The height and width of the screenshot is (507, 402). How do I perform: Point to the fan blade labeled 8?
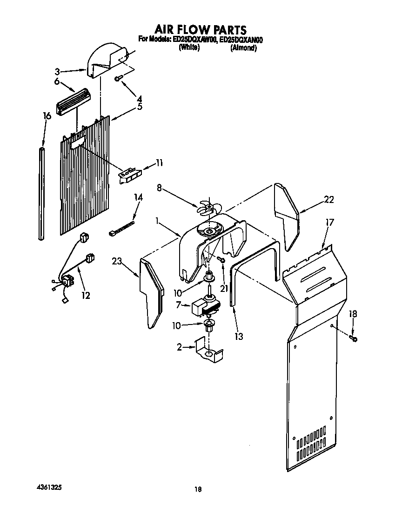[206, 207]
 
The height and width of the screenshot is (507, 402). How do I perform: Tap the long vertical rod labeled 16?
[42, 193]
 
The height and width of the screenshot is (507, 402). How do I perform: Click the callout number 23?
[117, 262]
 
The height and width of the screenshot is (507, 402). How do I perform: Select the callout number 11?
[159, 163]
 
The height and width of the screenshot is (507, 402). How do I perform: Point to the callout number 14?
[138, 197]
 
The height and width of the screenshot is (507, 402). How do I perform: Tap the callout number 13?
[239, 337]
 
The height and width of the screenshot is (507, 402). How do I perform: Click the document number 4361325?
[49, 487]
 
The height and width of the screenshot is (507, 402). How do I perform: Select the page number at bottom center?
[198, 489]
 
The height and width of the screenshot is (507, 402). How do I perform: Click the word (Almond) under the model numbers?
[243, 48]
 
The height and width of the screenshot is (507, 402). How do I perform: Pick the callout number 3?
[57, 72]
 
